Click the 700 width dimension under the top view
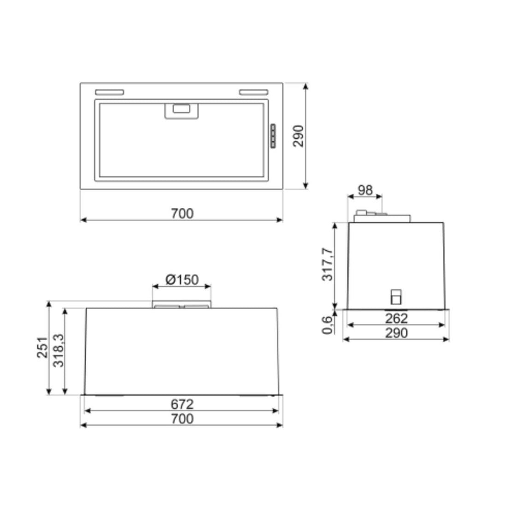(182, 213)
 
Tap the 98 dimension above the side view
(365, 190)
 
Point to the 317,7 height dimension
(327, 264)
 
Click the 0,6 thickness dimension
(327, 324)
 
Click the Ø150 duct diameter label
(182, 279)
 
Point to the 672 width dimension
(182, 404)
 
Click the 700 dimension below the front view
(182, 419)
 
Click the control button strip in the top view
(272, 136)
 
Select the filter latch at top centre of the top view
(182, 111)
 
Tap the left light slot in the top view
(109, 92)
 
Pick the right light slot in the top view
(253, 92)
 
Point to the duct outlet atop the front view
(182, 305)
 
